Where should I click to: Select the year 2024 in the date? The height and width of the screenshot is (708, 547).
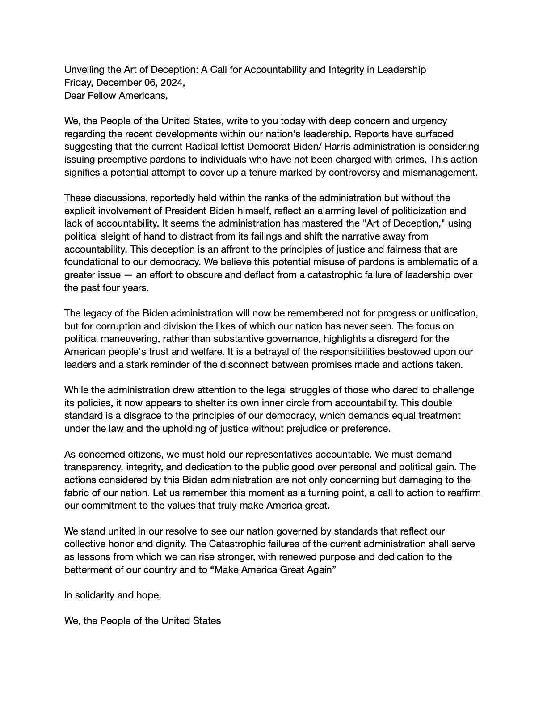click(169, 83)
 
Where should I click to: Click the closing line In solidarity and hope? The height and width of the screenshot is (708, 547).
click(113, 595)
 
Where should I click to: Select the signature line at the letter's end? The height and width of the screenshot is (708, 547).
click(143, 621)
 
